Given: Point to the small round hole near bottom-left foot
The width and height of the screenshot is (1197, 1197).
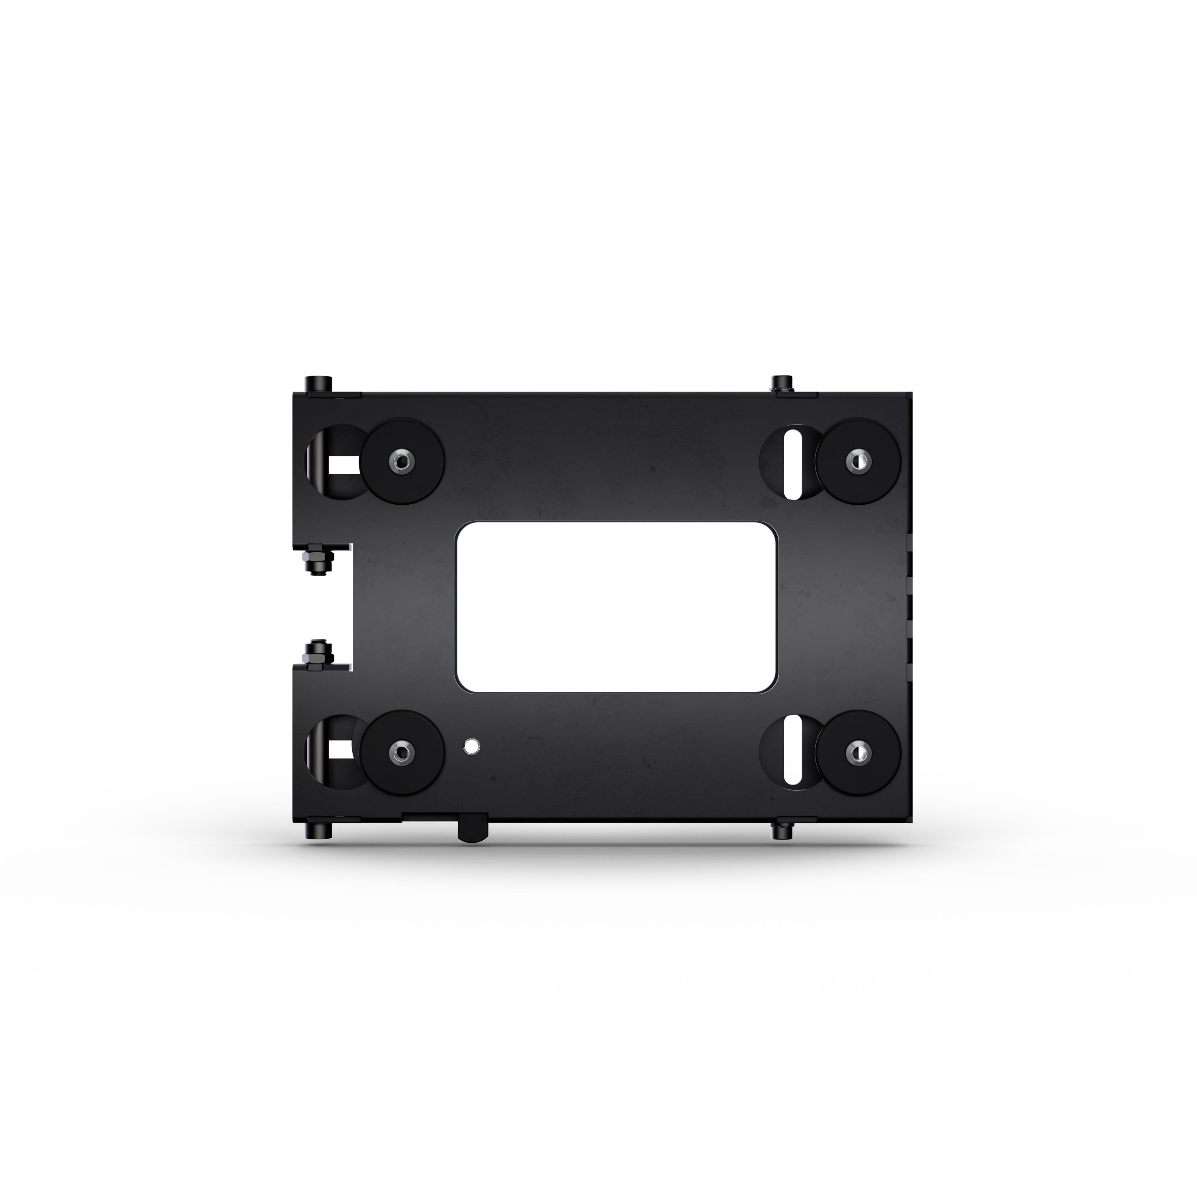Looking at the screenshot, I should tap(472, 746).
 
